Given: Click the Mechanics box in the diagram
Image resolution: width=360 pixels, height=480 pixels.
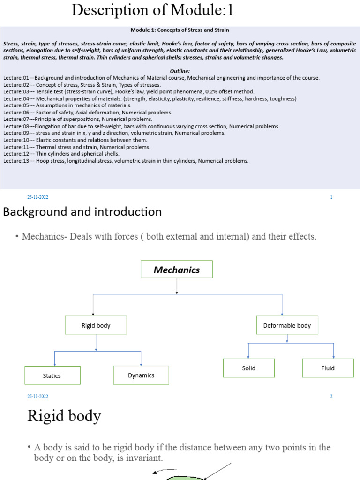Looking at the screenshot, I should (x=177, y=270).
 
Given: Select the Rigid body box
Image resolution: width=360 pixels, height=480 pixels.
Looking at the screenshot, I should (x=96, y=325).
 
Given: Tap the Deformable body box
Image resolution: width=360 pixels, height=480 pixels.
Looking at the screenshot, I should (x=287, y=325).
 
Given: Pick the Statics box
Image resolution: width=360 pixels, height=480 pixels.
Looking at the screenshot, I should (x=52, y=375).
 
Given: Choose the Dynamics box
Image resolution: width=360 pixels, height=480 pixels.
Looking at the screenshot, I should (x=141, y=375).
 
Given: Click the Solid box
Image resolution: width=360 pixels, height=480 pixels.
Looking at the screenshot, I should (x=248, y=368).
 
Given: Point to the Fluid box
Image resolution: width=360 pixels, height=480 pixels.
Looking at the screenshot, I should (x=328, y=368).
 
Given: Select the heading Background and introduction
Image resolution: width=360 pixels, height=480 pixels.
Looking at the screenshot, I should (x=82, y=212).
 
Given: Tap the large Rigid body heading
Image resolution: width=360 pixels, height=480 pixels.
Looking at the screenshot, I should (x=64, y=416).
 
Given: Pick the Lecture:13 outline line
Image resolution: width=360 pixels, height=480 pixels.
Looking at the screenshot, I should (x=126, y=161).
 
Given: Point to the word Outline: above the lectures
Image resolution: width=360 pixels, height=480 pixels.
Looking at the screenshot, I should (x=180, y=71).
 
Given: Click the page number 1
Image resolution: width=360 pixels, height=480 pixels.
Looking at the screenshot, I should (x=331, y=197).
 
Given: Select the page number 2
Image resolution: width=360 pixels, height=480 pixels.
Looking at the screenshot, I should (x=331, y=397).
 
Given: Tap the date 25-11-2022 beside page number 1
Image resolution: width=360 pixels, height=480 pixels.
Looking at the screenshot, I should (x=37, y=197).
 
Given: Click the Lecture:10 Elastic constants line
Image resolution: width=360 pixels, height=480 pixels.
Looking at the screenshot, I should (x=75, y=140).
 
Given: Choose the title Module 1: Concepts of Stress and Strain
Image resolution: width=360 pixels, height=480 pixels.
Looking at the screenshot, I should (x=180, y=30).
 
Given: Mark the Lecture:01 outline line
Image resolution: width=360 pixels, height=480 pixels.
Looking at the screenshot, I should (x=161, y=78).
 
